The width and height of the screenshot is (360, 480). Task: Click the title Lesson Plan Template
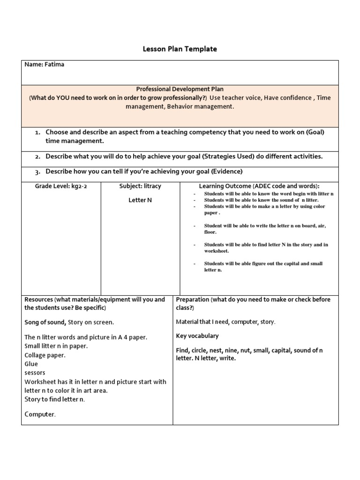click(x=180, y=49)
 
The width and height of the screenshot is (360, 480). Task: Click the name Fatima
click(x=54, y=65)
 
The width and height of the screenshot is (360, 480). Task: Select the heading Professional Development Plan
click(x=180, y=89)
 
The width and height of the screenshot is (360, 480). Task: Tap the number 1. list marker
click(x=37, y=133)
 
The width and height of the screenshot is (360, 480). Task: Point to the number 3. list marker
click(x=37, y=172)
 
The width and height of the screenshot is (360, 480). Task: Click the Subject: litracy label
click(x=140, y=186)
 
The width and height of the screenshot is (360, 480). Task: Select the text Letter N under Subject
click(x=140, y=200)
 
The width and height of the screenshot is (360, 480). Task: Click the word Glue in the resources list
click(x=31, y=364)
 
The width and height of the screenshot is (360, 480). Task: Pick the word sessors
click(x=35, y=373)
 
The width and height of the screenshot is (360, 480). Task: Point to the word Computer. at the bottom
click(x=40, y=414)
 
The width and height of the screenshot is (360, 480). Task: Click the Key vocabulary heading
click(x=197, y=336)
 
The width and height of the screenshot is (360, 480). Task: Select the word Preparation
click(x=193, y=299)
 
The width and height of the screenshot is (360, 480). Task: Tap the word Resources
click(x=39, y=299)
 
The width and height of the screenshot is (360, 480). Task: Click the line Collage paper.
click(x=45, y=355)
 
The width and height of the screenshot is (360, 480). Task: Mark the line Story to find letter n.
click(x=55, y=399)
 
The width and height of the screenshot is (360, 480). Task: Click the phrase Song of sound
click(x=45, y=322)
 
